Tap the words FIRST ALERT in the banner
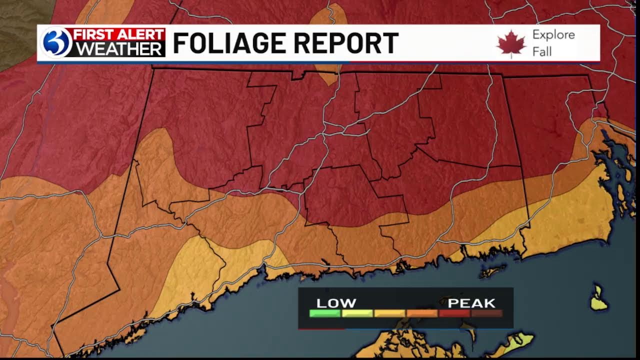(119, 35)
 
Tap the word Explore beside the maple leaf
(553, 35)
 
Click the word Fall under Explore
(541, 51)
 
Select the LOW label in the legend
(336, 303)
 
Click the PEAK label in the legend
(471, 303)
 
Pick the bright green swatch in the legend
(325, 313)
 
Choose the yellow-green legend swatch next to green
(357, 313)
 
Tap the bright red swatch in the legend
(454, 313)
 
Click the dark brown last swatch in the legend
(486, 313)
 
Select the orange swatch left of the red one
(422, 313)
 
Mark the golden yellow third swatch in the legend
(389, 313)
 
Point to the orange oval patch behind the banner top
(328, 15)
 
